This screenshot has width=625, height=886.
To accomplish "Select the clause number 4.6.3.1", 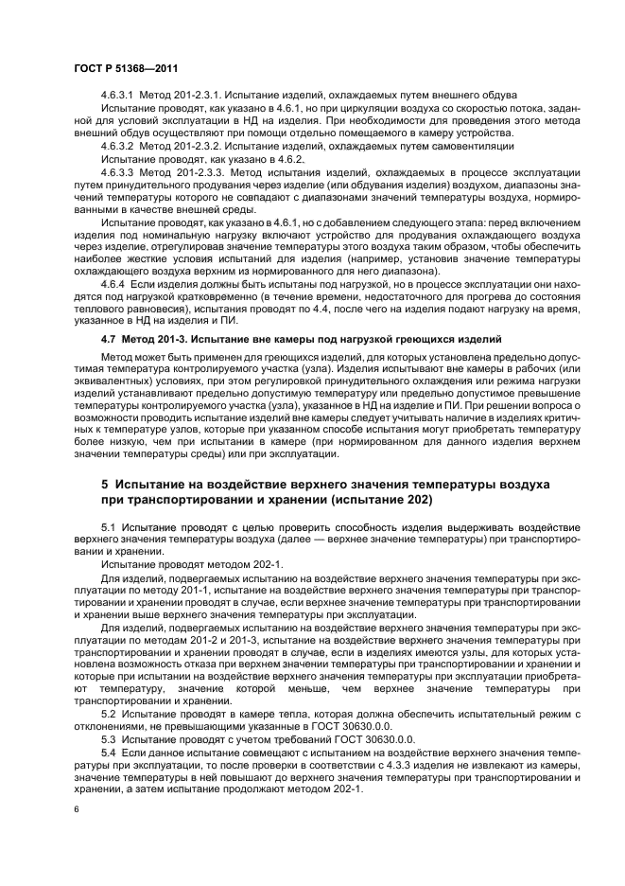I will pyautogui.click(x=116, y=96).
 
